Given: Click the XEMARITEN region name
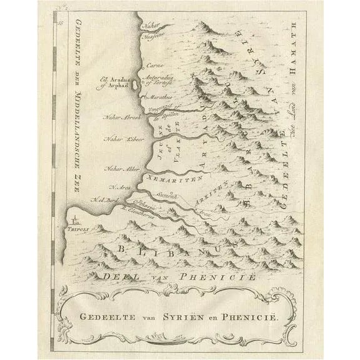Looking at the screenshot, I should tap(172, 179).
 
